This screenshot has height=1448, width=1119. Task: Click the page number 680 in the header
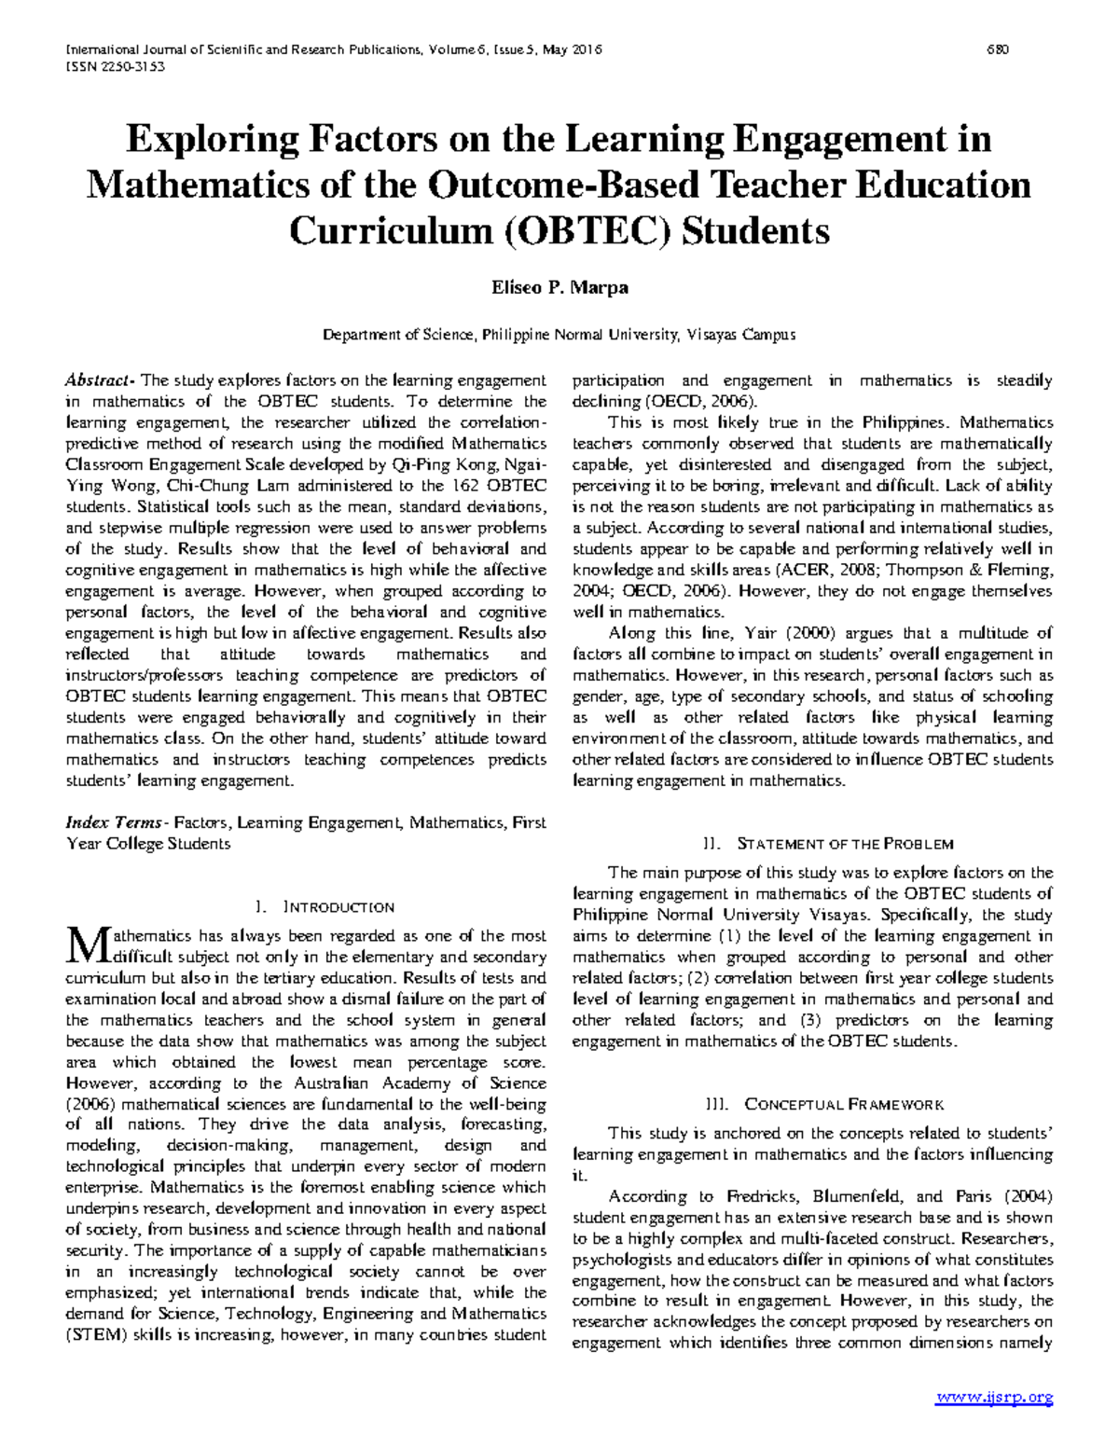coord(998,49)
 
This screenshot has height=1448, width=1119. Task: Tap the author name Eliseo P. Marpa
coord(559,287)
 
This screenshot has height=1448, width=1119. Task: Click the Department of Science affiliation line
coord(559,334)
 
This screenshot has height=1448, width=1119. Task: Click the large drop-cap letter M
coord(86,945)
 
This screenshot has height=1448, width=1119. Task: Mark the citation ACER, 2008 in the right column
coord(818,570)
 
